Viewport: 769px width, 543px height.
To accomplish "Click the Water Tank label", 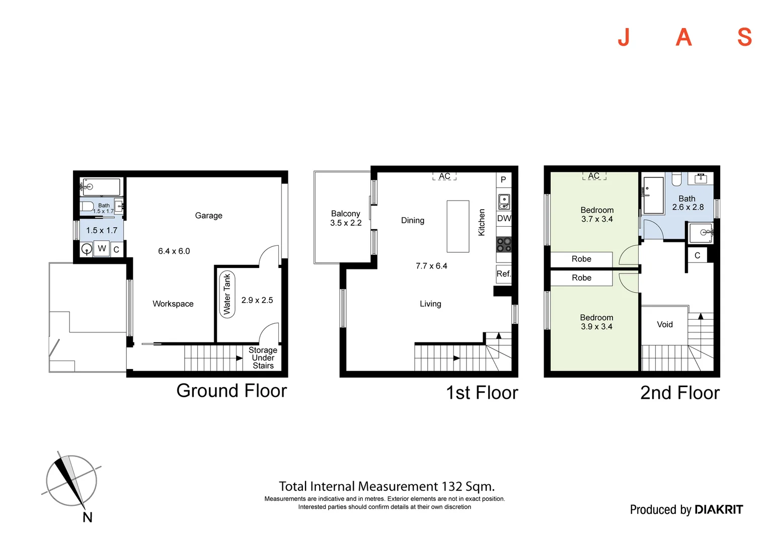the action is pyautogui.click(x=227, y=294).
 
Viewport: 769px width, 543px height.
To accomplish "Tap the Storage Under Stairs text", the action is pyautogui.click(x=263, y=358).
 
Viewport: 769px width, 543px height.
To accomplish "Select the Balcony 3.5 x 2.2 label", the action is pyautogui.click(x=346, y=218).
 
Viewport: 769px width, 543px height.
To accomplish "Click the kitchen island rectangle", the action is pyautogui.click(x=458, y=226).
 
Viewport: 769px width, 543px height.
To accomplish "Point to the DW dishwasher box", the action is pyautogui.click(x=504, y=219).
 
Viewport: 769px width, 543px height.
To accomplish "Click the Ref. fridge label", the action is pyautogui.click(x=504, y=274).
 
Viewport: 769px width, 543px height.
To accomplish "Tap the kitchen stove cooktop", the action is pyautogui.click(x=504, y=244).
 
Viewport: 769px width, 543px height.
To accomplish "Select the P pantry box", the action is pyautogui.click(x=504, y=179).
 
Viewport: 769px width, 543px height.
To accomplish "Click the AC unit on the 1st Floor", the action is pyautogui.click(x=444, y=176).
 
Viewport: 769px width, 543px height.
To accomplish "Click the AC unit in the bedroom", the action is pyautogui.click(x=594, y=176).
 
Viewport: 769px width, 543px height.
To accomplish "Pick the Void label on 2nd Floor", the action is pyautogui.click(x=665, y=324).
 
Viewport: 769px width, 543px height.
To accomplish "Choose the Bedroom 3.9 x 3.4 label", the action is pyautogui.click(x=597, y=322).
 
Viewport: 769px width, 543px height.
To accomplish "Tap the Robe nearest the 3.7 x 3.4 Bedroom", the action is pyautogui.click(x=582, y=259).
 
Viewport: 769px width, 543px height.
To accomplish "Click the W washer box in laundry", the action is pyautogui.click(x=102, y=248).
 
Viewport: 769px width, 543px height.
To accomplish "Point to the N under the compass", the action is pyautogui.click(x=88, y=517).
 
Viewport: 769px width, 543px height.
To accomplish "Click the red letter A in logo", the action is pyautogui.click(x=683, y=37).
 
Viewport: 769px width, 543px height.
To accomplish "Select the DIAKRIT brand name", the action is pyautogui.click(x=719, y=510).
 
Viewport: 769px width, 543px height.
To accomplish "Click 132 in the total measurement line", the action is pyautogui.click(x=452, y=486).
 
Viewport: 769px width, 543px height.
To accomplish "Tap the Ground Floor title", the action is pyautogui.click(x=232, y=391).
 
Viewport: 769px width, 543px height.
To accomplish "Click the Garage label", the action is pyautogui.click(x=209, y=215).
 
